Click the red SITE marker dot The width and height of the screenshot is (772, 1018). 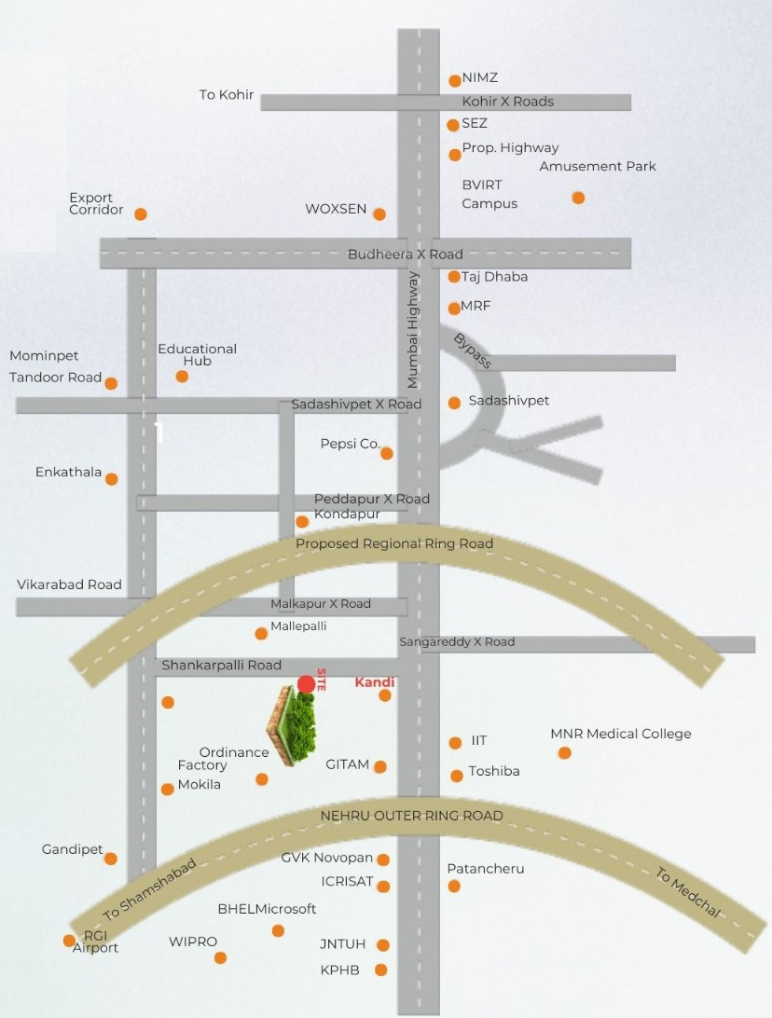point(306,684)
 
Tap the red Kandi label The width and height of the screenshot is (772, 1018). point(375,682)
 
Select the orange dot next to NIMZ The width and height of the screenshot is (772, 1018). point(455,81)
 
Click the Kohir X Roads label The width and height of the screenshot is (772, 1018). point(508,102)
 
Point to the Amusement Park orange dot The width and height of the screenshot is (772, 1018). point(578,198)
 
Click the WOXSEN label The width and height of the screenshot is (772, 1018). point(336,209)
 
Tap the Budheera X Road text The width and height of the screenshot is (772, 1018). point(405,254)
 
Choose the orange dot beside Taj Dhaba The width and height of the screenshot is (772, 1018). point(454,277)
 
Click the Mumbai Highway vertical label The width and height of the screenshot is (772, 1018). point(413,329)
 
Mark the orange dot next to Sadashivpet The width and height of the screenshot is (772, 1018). point(454,403)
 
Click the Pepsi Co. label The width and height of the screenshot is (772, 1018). point(350,444)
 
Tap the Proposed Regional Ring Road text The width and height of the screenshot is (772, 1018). point(394,543)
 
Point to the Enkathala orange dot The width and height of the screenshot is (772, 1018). point(112,479)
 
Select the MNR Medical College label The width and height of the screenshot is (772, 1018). point(621,734)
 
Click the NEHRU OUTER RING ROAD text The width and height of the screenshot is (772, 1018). point(411,816)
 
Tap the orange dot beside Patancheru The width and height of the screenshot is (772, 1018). point(454,886)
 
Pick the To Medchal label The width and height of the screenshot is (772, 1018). point(688,892)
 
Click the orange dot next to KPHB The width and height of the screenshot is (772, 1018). point(380,970)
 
